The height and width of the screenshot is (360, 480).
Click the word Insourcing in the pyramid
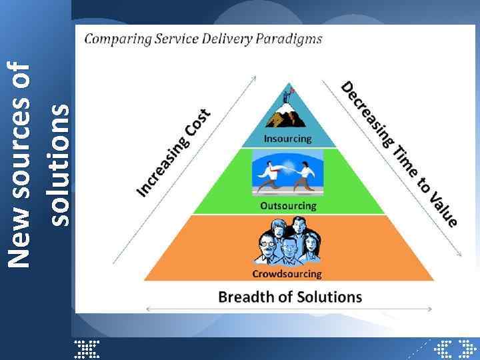point(287,139)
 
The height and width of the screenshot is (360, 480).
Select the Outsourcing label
point(288,205)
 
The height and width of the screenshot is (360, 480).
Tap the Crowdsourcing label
point(287,273)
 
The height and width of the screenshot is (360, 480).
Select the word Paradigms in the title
point(293,39)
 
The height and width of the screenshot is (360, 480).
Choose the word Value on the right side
point(443,208)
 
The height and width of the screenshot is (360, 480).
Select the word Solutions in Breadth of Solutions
point(327,297)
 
